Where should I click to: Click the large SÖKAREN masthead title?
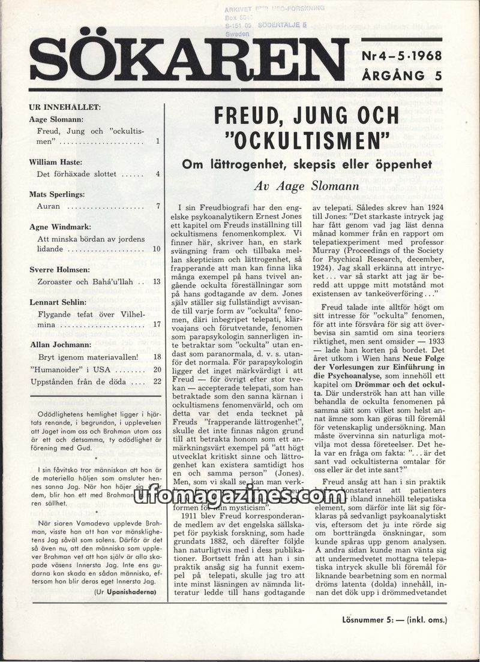(x=189, y=61)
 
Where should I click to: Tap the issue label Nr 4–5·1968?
(x=401, y=57)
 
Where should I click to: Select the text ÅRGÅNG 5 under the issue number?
(x=401, y=75)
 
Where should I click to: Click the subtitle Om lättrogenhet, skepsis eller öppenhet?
(x=308, y=164)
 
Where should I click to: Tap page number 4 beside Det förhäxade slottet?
(x=157, y=174)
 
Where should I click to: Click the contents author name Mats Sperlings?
(x=58, y=194)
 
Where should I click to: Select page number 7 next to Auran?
(x=157, y=206)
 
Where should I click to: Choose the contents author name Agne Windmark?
(x=59, y=227)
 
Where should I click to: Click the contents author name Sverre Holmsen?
(x=60, y=270)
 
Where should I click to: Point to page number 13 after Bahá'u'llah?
(x=156, y=281)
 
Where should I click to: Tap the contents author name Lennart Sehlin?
(x=57, y=302)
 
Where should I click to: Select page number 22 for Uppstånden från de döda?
(x=157, y=381)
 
